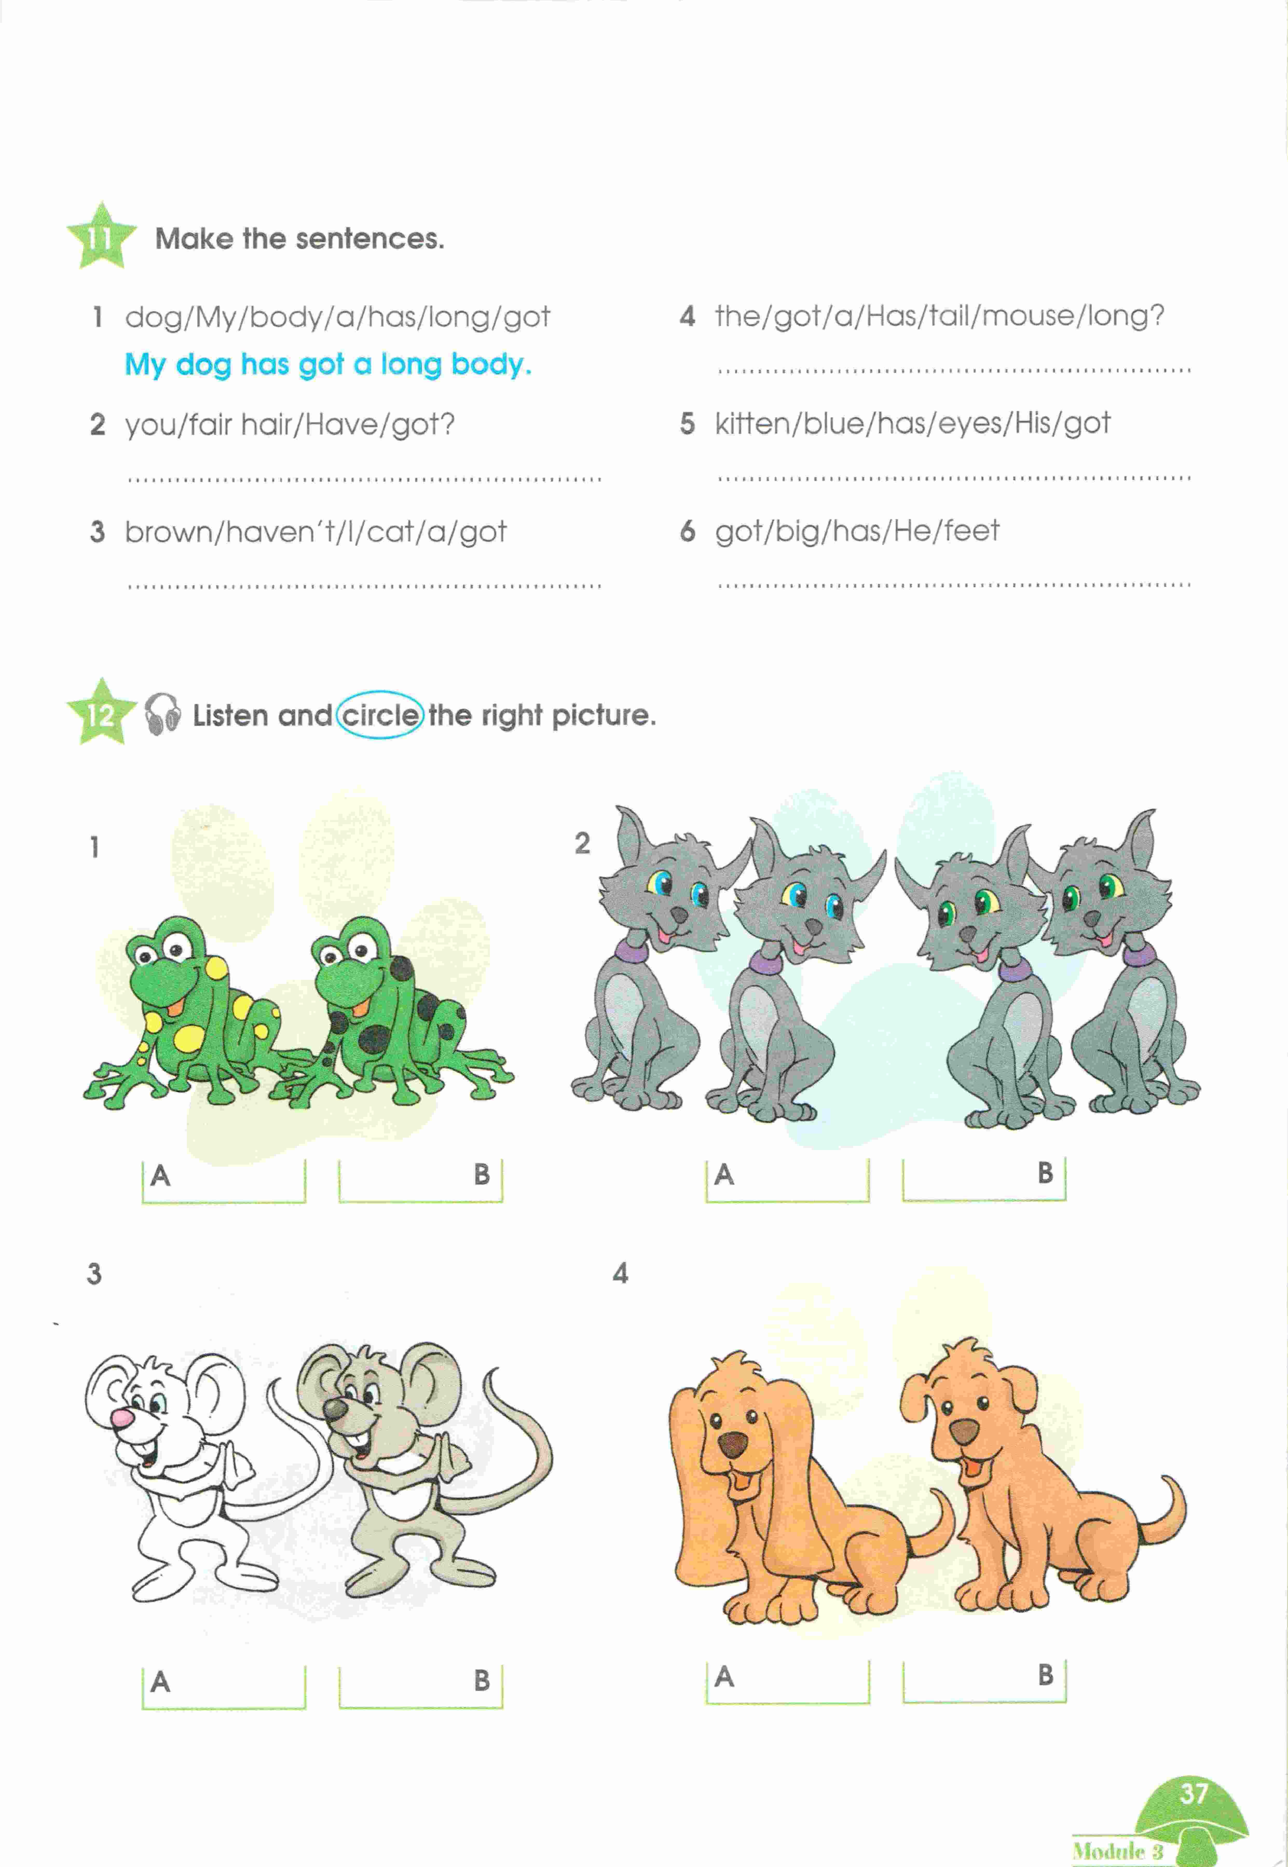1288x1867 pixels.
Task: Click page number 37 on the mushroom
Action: [x=1193, y=1793]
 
